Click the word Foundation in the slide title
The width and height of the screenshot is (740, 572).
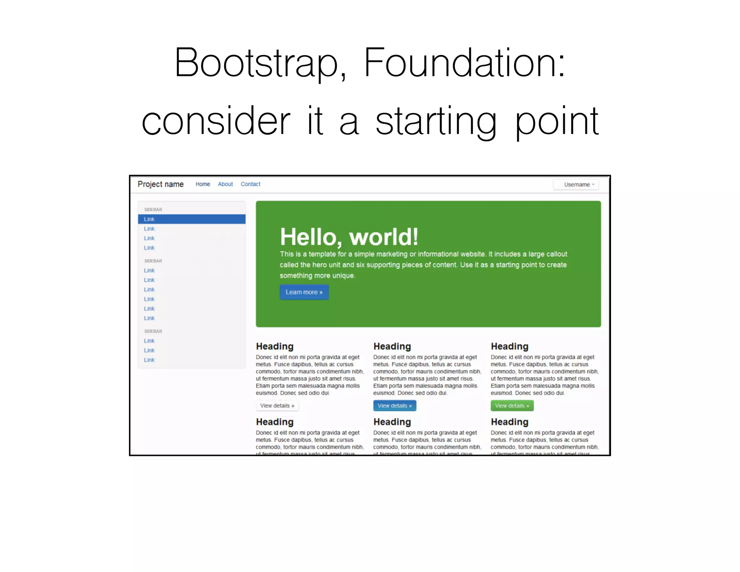click(x=464, y=63)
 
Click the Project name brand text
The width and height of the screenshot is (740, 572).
click(x=160, y=184)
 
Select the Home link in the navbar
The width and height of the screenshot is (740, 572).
click(x=203, y=184)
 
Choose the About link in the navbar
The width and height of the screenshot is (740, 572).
click(x=225, y=184)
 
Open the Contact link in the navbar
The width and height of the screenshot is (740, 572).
click(x=250, y=184)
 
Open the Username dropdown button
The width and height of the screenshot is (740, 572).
click(x=576, y=185)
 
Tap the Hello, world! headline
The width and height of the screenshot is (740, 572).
click(x=349, y=237)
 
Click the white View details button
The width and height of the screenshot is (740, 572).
click(x=277, y=406)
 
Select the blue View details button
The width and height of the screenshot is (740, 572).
click(x=395, y=406)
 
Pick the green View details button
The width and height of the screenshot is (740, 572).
click(x=512, y=406)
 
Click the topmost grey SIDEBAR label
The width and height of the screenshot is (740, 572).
click(x=153, y=210)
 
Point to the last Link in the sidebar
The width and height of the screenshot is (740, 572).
click(x=149, y=360)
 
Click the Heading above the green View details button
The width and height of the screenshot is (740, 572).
click(x=509, y=346)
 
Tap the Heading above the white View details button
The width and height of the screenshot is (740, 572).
click(x=275, y=346)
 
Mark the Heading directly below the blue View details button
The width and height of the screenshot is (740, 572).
click(x=392, y=422)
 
